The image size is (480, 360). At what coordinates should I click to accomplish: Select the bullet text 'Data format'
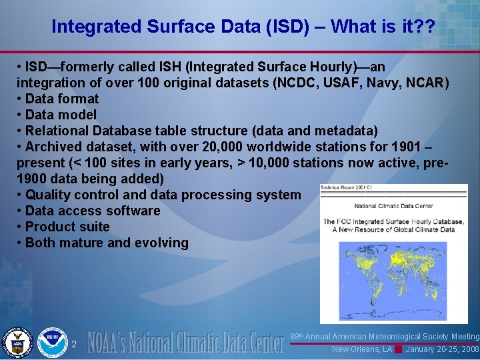61,99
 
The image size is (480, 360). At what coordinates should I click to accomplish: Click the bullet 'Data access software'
92,211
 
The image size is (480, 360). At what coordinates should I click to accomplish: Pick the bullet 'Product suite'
67,227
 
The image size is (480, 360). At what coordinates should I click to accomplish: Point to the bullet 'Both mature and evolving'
106,243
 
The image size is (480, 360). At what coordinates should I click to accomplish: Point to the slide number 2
75,345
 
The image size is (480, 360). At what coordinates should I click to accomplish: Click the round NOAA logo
53,343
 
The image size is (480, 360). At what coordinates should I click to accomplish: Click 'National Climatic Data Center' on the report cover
393,206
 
